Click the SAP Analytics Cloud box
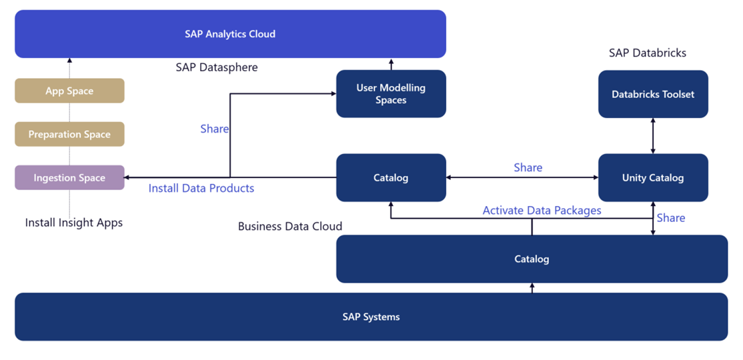[230, 34]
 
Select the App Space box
[69, 91]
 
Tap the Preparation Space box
[69, 134]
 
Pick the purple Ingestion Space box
[69, 177]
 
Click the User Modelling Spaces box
[391, 94]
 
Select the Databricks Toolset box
[653, 94]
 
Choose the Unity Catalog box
[653, 177]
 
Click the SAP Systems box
[371, 317]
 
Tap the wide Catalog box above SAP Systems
[532, 259]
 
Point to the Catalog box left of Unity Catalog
[391, 177]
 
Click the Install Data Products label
[201, 188]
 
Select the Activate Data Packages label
[542, 211]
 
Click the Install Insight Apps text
[74, 223]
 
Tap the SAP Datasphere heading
[217, 67]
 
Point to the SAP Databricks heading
[647, 53]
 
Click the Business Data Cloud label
[290, 226]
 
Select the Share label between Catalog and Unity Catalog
[528, 167]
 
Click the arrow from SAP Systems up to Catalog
[532, 288]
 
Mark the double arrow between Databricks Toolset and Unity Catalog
[653, 136]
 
